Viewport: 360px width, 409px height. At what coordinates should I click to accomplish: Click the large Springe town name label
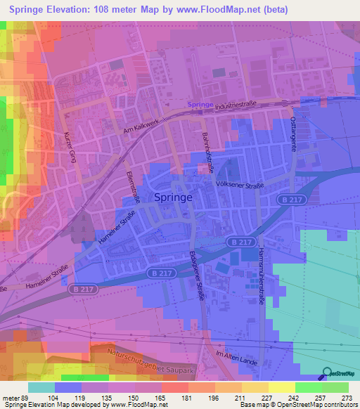tap(173, 197)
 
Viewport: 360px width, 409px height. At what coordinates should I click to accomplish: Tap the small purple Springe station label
tap(200, 105)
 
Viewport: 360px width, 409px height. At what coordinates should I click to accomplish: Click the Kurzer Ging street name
tap(70, 148)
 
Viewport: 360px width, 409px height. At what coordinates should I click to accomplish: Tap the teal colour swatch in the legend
tap(41, 387)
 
